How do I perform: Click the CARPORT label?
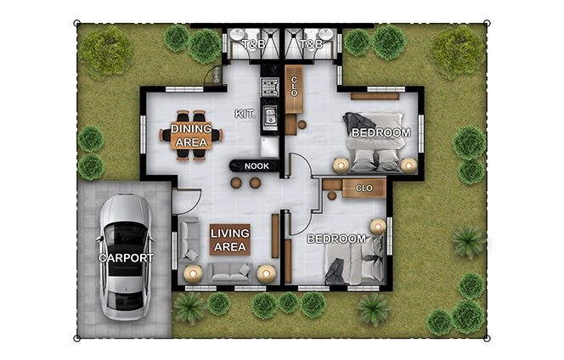tap(126, 257)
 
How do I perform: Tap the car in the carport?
tap(126, 255)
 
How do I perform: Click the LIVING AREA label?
tap(228, 240)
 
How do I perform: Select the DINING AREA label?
tap(191, 135)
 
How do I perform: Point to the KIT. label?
tap(245, 114)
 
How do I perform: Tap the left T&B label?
tap(252, 43)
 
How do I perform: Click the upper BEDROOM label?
tap(381, 133)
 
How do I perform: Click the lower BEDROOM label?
tap(336, 239)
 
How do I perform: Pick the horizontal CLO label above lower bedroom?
tap(364, 188)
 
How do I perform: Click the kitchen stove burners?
tap(270, 86)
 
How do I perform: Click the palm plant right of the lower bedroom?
tap(467, 242)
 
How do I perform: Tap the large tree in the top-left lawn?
tap(105, 52)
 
